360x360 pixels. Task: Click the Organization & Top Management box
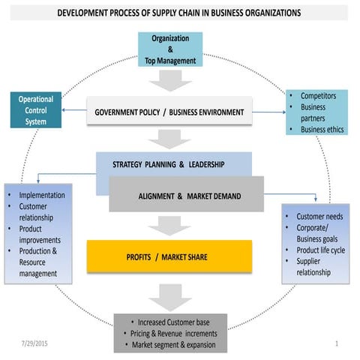[x=169, y=49]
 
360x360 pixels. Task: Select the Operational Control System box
[x=34, y=109]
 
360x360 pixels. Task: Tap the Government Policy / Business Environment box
[x=169, y=112]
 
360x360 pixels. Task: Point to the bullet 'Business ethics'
[x=322, y=129]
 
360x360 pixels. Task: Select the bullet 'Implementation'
[x=41, y=195]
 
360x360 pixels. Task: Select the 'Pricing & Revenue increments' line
[x=170, y=334]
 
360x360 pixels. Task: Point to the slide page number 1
[x=337, y=343]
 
